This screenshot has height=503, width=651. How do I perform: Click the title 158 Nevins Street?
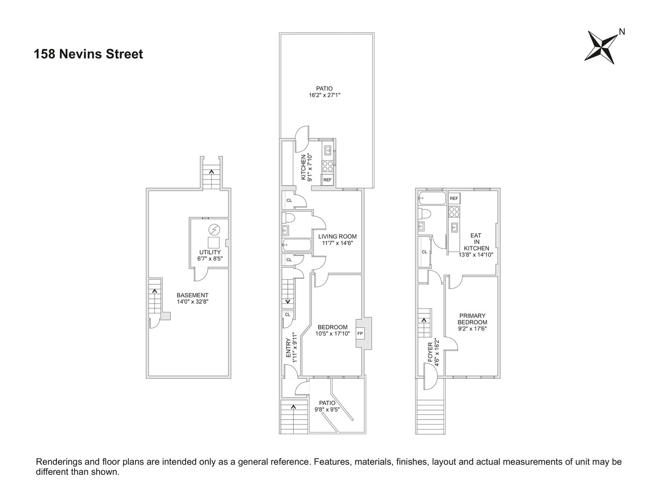click(89, 54)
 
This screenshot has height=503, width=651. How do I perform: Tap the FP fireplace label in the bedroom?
click(360, 333)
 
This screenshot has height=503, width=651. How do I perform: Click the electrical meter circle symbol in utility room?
click(214, 229)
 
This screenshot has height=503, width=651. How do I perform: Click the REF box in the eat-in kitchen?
click(454, 199)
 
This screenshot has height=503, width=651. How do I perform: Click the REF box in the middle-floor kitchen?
click(328, 180)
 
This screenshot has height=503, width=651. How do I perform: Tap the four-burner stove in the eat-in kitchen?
click(454, 211)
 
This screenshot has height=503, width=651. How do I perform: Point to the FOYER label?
click(430, 352)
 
